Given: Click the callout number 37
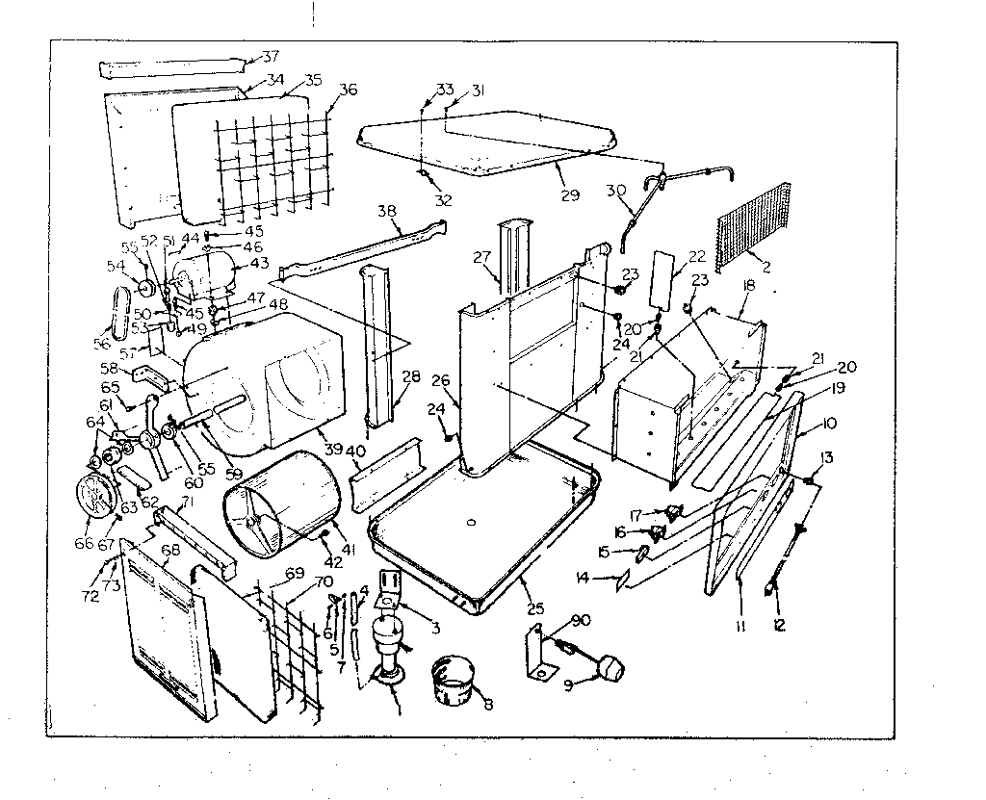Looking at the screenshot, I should coord(257,56).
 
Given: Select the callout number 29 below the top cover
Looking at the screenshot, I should coord(570,194).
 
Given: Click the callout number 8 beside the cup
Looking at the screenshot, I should coord(488,705).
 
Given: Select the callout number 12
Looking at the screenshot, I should coord(778,625).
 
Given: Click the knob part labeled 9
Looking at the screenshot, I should coord(613,665).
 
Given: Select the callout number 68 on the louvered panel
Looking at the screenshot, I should coord(170,551).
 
